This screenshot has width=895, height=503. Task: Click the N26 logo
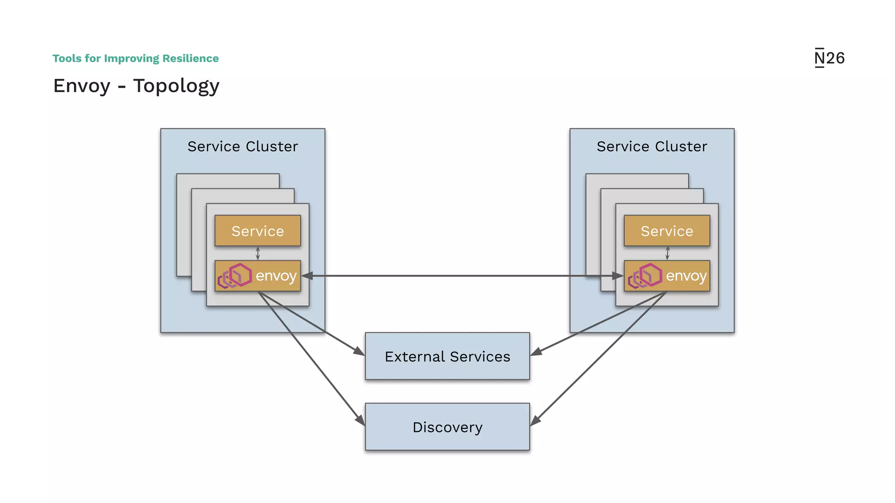[x=829, y=58]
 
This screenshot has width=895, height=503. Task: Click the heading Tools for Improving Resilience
[x=135, y=59]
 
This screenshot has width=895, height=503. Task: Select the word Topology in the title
[x=176, y=86]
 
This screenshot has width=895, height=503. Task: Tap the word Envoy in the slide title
[x=82, y=86]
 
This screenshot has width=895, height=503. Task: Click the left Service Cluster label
[x=243, y=146]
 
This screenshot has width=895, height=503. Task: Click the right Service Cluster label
[x=652, y=146]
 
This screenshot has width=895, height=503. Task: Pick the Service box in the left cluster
[x=257, y=231]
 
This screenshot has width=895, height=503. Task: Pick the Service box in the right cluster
[x=666, y=231]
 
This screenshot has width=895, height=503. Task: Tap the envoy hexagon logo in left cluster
[x=235, y=276]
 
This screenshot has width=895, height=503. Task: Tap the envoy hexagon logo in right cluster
[x=645, y=276]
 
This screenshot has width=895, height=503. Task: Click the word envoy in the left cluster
[x=276, y=276]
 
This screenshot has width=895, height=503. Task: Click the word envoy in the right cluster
[x=686, y=276]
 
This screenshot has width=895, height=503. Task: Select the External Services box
[x=447, y=356]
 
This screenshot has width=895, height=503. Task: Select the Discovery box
[x=447, y=427]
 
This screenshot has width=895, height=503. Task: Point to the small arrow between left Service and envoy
[x=257, y=253]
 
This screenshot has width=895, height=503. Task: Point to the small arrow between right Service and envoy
[x=667, y=253]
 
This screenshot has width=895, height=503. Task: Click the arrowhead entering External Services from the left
[x=359, y=351]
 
